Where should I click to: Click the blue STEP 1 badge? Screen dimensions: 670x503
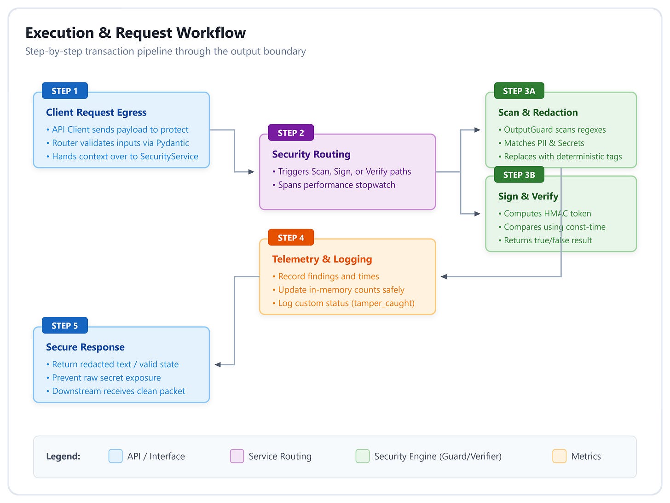point(65,91)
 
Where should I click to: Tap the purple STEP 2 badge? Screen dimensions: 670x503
point(291,133)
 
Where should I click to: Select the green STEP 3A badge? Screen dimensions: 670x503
point(519,91)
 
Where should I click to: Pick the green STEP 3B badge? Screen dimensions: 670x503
point(519,175)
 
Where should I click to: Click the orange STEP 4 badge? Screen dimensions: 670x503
point(291,237)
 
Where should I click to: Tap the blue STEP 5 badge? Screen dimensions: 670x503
point(65,326)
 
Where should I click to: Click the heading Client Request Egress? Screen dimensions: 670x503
point(96,112)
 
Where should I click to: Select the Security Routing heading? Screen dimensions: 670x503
point(312,154)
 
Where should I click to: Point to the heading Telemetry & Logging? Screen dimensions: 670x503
point(322,259)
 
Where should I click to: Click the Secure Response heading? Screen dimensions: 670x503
point(85,347)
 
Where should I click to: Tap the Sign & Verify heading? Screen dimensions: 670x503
point(528,196)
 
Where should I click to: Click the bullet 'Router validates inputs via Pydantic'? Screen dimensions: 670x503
point(117,143)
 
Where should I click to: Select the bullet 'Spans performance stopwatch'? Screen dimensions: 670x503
point(334,185)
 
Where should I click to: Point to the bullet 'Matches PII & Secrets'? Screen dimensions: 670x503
point(541,143)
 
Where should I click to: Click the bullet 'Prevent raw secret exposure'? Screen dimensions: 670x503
point(104,378)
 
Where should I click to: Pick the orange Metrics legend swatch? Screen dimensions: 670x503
point(559,456)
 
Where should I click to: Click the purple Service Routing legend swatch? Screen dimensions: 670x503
point(237,456)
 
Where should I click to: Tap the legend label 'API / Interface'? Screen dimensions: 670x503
point(156,456)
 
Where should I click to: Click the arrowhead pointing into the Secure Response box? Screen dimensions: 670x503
point(218,365)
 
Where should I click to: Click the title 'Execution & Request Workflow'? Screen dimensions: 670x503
point(136,33)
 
